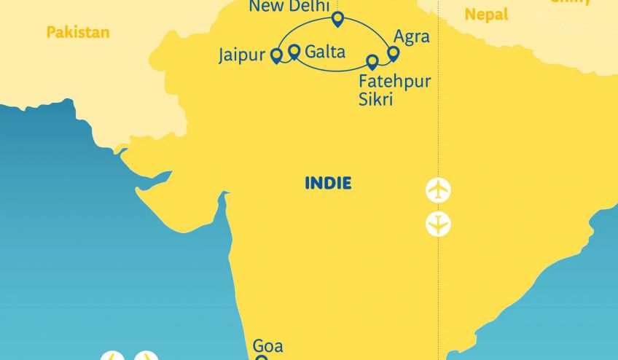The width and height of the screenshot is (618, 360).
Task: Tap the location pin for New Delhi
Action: [x=337, y=18]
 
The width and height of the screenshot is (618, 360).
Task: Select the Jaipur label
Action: [x=240, y=56]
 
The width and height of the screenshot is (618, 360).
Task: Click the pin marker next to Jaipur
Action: [x=276, y=55]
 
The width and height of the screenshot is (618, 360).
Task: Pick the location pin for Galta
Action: [x=294, y=51]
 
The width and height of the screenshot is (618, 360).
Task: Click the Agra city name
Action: [x=411, y=37]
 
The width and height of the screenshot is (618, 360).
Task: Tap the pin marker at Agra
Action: [x=394, y=53]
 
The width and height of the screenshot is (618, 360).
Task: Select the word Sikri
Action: [x=376, y=99]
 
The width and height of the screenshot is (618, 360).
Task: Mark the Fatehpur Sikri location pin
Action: [x=372, y=62]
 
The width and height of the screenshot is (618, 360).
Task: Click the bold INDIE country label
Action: [x=328, y=183]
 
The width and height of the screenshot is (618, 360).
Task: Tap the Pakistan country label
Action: [x=77, y=32]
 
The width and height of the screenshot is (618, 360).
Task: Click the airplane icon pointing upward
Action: [x=438, y=191]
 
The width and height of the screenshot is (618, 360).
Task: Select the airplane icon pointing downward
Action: [x=438, y=224]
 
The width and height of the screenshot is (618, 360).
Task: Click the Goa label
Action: [x=267, y=346]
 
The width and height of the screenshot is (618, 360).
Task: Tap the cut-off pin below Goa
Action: [x=261, y=357]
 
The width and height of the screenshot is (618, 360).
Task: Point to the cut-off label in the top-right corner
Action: [x=571, y=2]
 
